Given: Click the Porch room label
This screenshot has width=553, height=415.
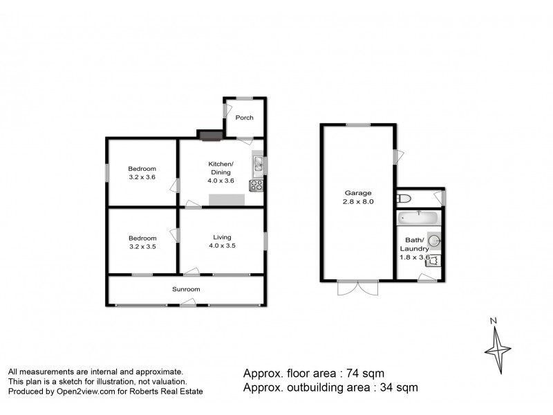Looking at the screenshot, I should tap(244, 118).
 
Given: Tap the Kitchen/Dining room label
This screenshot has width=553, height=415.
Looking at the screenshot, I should tap(221, 168).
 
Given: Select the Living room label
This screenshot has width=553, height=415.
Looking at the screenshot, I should tap(221, 237).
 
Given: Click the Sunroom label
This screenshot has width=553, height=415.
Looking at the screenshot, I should tap(186, 289).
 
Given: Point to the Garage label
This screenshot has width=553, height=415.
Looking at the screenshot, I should tap(359, 193).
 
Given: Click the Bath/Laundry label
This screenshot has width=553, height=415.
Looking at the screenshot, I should tap(415, 245).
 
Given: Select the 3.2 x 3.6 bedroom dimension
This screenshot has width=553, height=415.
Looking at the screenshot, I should tap(142, 177).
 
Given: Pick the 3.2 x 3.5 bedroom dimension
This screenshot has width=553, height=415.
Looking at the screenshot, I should tap(142, 246).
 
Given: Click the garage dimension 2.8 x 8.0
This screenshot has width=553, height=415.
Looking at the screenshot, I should tap(359, 202).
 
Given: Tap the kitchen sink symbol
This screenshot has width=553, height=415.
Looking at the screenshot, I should tap(257, 164).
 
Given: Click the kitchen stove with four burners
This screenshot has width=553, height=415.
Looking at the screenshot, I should tap(256, 185).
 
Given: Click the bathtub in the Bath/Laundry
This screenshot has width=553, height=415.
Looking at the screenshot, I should tap(418, 219).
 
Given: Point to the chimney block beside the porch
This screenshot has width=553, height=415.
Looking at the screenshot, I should tap(210, 134).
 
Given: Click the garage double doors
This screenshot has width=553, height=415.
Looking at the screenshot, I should tap(358, 287).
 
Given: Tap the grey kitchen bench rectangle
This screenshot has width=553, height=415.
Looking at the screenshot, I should tap(227, 200).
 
